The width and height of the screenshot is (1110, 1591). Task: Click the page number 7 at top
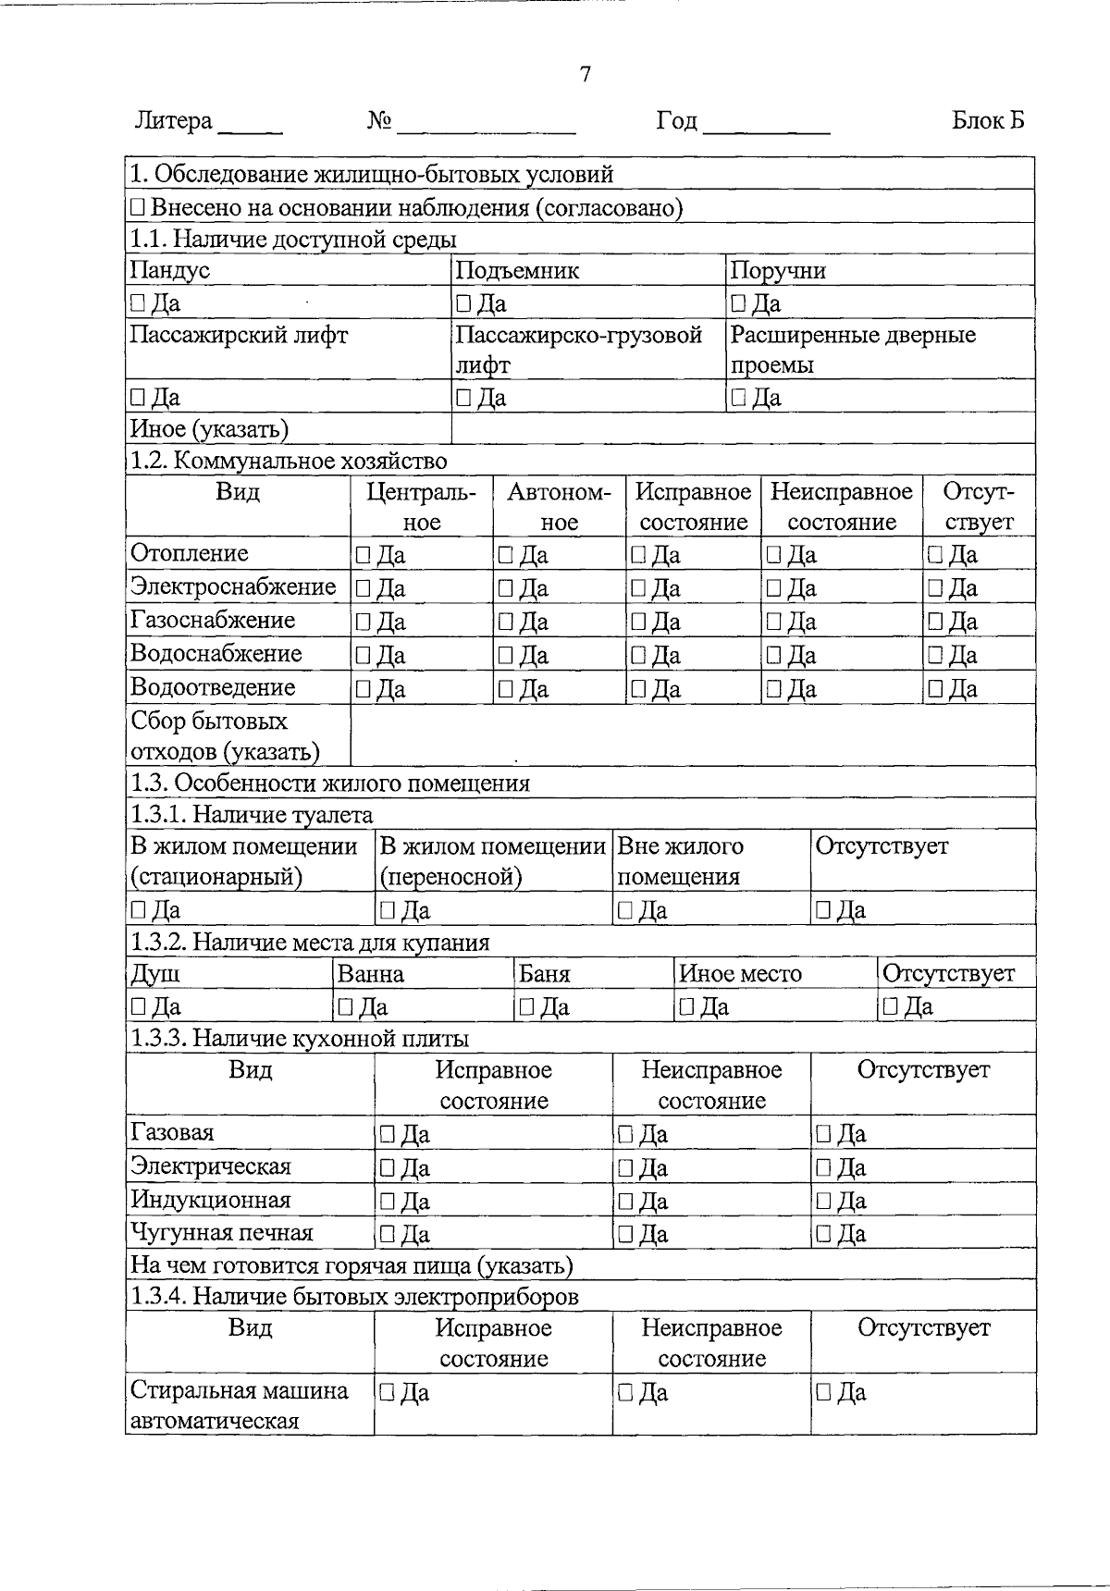(x=585, y=75)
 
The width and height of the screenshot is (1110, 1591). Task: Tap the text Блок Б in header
(x=988, y=121)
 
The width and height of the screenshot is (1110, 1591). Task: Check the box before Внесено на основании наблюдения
(x=138, y=207)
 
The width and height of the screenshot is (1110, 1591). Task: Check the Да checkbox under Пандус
(x=138, y=303)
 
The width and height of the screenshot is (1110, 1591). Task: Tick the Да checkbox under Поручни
(x=738, y=303)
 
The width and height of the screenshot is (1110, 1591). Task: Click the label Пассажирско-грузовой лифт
(x=579, y=349)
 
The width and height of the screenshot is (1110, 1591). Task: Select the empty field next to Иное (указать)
(x=742, y=428)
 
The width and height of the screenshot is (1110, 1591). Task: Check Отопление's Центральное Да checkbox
(x=363, y=555)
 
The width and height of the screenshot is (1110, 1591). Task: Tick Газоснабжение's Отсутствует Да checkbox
(x=935, y=622)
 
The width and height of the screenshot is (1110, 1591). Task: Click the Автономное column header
(x=559, y=506)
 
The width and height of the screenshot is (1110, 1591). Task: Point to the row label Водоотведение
(x=213, y=687)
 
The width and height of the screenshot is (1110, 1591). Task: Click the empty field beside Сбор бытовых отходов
(x=692, y=735)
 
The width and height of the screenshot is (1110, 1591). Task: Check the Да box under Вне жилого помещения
(x=625, y=911)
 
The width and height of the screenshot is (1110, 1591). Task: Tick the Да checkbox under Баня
(x=526, y=1006)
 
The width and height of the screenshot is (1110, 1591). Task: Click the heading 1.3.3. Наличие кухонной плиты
(x=300, y=1038)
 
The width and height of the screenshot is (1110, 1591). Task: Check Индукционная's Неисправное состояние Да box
(x=625, y=1202)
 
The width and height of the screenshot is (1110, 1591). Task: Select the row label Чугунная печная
(x=222, y=1233)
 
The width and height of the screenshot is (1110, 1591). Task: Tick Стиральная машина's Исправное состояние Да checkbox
(x=387, y=1393)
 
